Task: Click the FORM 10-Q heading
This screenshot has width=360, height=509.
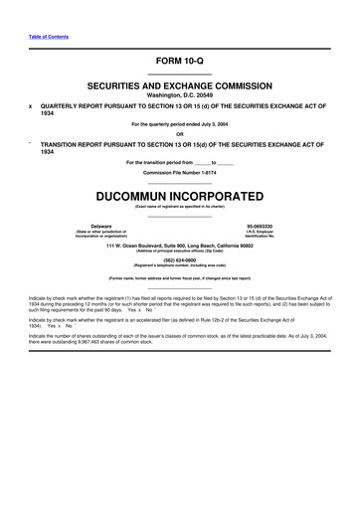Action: tap(180, 61)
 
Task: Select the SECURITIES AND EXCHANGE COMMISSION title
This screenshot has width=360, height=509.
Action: tap(180, 86)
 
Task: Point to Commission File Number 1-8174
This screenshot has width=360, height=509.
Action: tap(180, 171)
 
